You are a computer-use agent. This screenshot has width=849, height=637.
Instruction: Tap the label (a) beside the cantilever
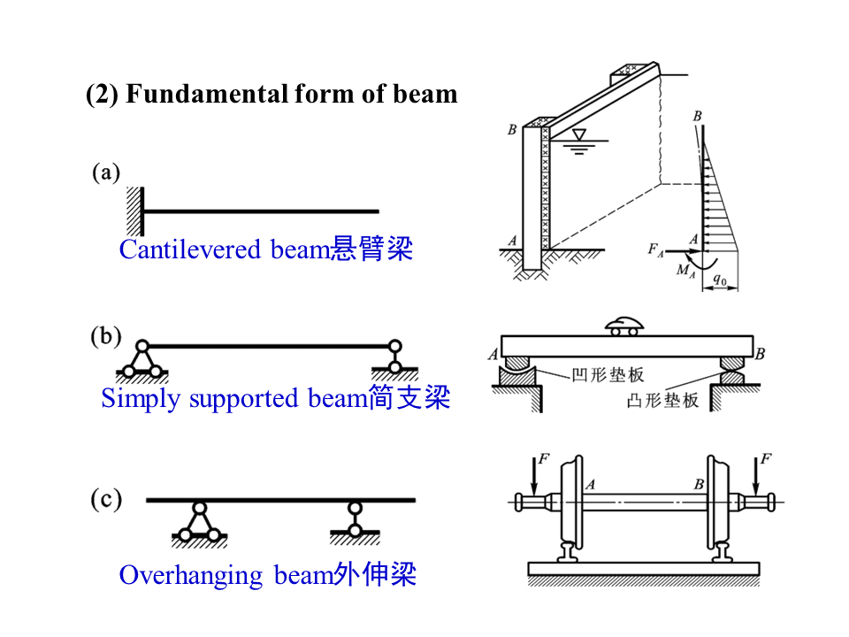click(106, 173)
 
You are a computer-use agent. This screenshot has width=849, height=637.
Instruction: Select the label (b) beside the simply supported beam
click(106, 336)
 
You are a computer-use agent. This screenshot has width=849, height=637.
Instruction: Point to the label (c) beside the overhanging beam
click(106, 499)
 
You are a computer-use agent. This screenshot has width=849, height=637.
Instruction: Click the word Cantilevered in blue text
click(190, 249)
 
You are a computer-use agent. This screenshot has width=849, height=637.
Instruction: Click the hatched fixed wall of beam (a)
click(135, 211)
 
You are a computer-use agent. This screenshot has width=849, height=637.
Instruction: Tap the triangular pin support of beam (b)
click(141, 361)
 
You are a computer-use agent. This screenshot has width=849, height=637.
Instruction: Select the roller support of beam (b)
click(395, 360)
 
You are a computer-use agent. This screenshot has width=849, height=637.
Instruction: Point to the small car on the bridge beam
click(624, 326)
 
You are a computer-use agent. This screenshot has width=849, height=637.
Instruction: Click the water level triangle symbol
click(579, 134)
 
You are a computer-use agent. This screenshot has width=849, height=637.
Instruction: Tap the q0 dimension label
click(720, 280)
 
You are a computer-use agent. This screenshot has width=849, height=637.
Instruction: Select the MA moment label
click(685, 271)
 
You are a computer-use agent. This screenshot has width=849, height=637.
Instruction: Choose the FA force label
click(655, 250)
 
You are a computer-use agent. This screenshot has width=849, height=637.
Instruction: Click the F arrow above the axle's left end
click(534, 476)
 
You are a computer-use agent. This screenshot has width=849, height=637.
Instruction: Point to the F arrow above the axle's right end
click(756, 476)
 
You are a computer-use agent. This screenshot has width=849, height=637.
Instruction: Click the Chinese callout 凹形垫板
click(608, 375)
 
